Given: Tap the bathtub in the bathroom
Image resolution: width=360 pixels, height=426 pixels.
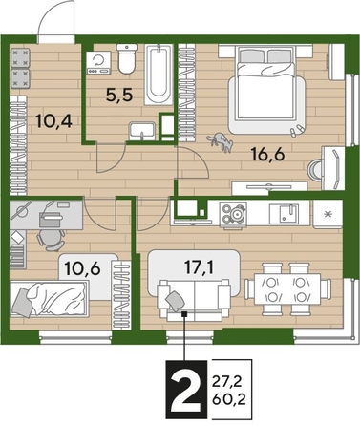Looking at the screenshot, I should (x=159, y=76).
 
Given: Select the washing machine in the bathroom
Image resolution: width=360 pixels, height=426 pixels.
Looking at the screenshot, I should (x=97, y=63).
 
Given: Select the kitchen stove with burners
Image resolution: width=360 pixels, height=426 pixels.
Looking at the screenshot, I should (x=231, y=214).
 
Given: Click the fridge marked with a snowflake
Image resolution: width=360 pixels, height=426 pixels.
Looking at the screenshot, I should (x=328, y=213).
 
